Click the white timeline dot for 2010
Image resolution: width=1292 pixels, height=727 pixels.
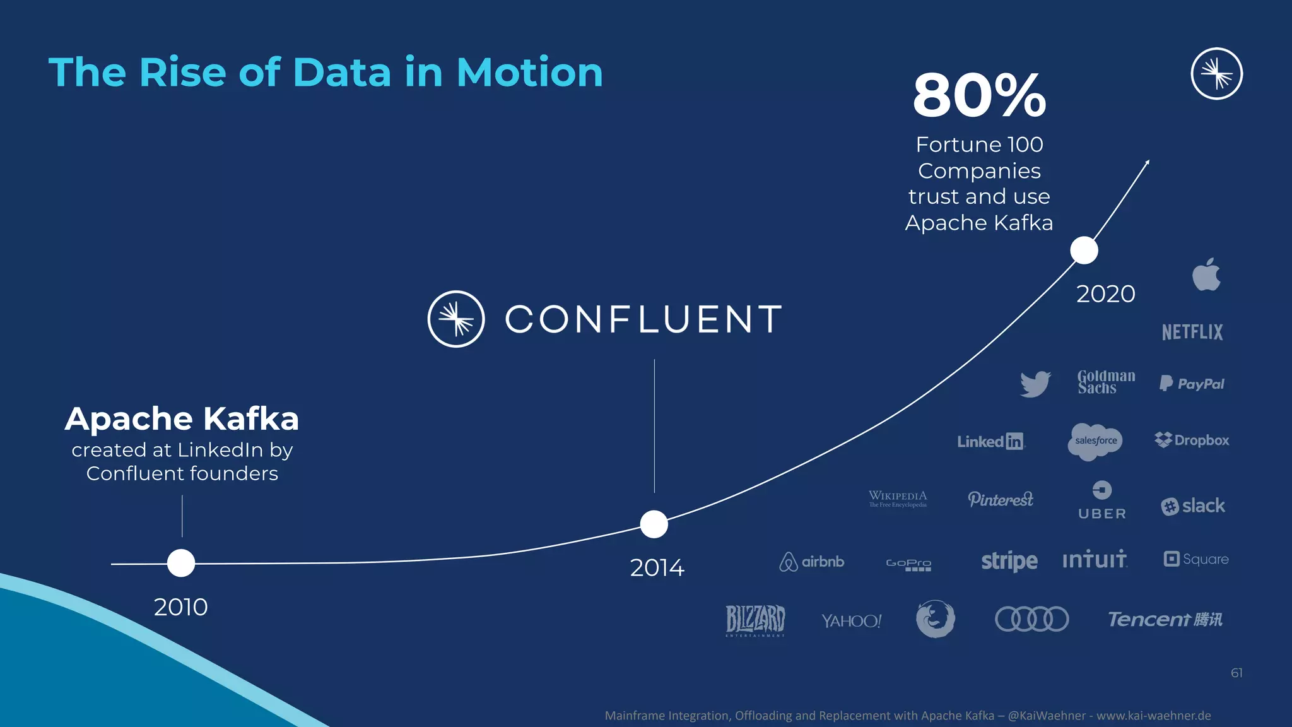(x=181, y=563)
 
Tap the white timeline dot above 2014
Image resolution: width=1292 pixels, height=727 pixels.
(x=654, y=524)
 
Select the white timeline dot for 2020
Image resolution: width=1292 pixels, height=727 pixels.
(x=1084, y=251)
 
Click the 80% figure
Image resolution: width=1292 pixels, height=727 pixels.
(x=979, y=95)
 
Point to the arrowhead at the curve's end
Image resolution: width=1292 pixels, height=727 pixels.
(x=1147, y=163)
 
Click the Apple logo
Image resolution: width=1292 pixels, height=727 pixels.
(x=1206, y=275)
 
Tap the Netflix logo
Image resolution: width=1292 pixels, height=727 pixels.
(x=1192, y=332)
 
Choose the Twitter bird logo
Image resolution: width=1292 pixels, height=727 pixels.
(x=1035, y=384)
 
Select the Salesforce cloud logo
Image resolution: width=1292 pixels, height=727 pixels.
(x=1096, y=441)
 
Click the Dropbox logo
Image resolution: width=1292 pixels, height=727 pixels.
(x=1192, y=440)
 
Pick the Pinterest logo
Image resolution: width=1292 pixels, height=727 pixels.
(x=1001, y=499)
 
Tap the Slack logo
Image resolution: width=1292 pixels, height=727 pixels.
(x=1193, y=506)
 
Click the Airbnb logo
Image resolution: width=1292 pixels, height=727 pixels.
(x=811, y=561)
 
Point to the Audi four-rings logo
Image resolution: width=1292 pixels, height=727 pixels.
(x=1031, y=619)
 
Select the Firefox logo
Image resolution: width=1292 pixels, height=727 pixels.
(x=935, y=618)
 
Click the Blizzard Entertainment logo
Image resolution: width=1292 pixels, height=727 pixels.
(x=755, y=620)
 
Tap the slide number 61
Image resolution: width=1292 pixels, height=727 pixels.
(x=1236, y=673)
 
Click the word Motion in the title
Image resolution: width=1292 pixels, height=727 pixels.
(x=529, y=72)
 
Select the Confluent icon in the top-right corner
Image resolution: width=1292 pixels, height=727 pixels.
(x=1216, y=74)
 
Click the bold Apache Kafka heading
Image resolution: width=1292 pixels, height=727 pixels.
(x=182, y=419)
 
